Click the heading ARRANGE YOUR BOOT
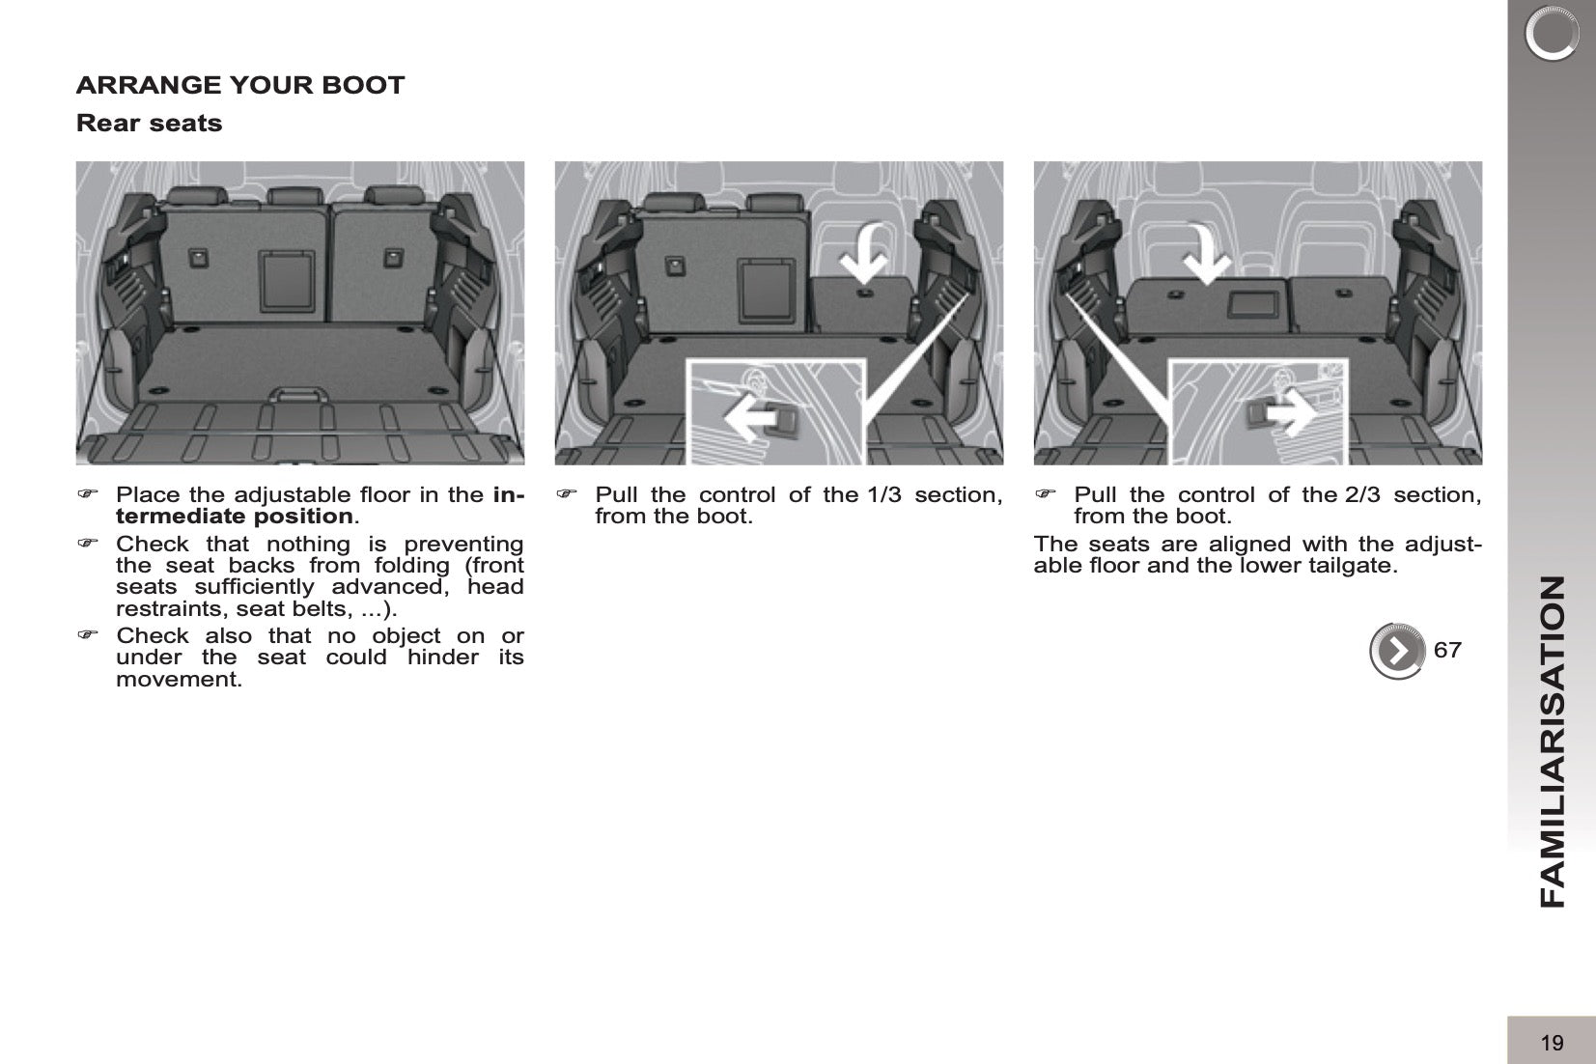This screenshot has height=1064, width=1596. tap(240, 85)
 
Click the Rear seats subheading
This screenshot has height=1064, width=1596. tap(149, 124)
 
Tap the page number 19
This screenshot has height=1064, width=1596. tap(1552, 1043)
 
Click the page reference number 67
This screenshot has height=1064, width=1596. tap(1447, 650)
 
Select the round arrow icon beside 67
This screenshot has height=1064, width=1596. tap(1397, 651)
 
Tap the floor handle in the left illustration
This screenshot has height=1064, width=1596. tap(300, 396)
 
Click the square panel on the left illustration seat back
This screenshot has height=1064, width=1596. tap(287, 280)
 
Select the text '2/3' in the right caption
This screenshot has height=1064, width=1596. tap(1361, 495)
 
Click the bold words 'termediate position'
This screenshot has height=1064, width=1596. tap(234, 517)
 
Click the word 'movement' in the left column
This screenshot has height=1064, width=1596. tap(175, 680)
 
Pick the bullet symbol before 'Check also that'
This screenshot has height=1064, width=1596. tap(88, 635)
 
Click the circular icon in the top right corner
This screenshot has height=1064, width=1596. tap(1551, 34)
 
